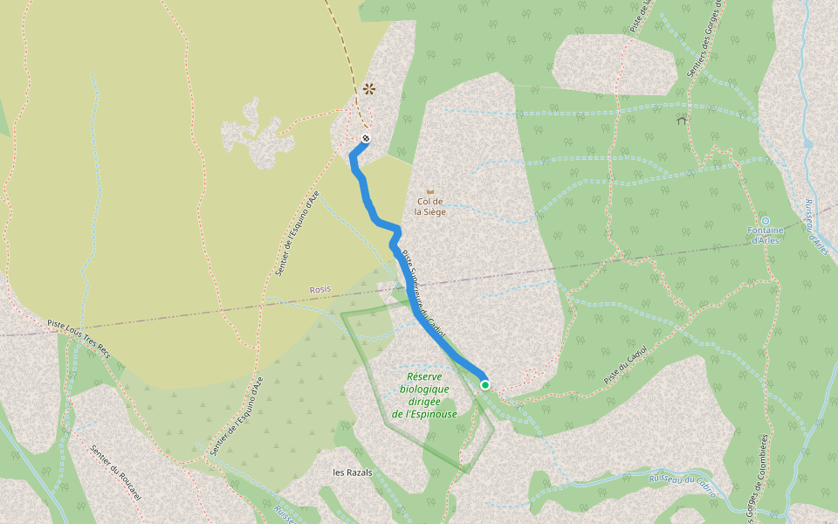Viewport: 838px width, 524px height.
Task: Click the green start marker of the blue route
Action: pos(484,384)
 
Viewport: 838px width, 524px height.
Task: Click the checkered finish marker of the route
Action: pos(367,139)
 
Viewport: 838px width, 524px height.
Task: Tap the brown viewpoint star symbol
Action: pos(369,88)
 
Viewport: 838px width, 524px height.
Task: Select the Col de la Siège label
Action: pos(429,206)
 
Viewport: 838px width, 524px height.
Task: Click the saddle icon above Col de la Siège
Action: pos(429,190)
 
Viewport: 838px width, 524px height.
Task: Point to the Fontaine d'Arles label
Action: pos(764,235)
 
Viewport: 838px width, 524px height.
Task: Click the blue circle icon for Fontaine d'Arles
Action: pos(765,220)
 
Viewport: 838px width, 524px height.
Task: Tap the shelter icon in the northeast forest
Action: pos(681,120)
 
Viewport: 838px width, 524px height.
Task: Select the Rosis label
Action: pos(320,290)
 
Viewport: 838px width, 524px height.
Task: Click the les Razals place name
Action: pos(353,472)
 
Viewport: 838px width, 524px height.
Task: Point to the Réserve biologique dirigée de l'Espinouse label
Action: pos(424,396)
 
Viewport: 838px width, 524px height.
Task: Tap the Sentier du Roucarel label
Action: pos(115,472)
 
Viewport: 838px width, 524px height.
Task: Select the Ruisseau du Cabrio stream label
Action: pos(683,486)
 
